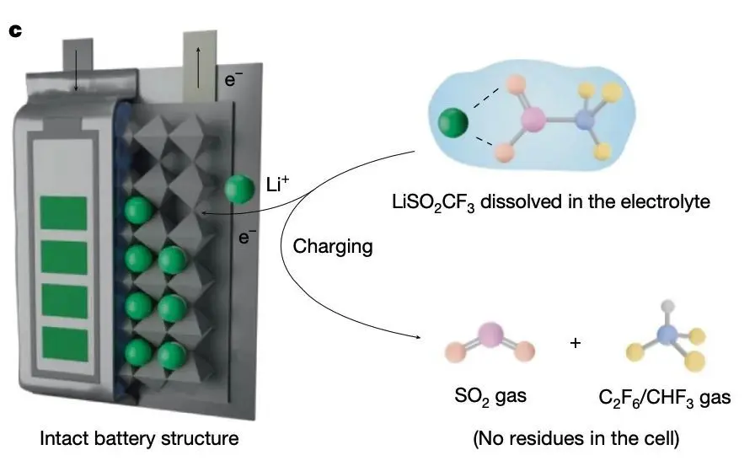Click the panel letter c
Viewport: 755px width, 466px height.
pos(14,31)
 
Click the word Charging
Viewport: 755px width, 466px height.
pos(332,247)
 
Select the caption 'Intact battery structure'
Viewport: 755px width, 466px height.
pos(140,438)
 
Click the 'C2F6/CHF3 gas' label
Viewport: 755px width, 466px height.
pos(654,395)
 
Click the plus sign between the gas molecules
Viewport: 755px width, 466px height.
pos(576,344)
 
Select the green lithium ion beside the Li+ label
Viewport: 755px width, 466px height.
pos(240,189)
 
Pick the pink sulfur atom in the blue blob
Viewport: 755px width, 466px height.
pos(532,120)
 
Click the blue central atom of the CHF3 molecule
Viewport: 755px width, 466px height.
pos(667,336)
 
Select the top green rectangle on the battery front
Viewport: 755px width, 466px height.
pos(65,212)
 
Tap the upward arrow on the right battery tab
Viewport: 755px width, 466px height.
pos(199,67)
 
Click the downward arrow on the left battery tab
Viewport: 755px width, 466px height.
pos(76,78)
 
